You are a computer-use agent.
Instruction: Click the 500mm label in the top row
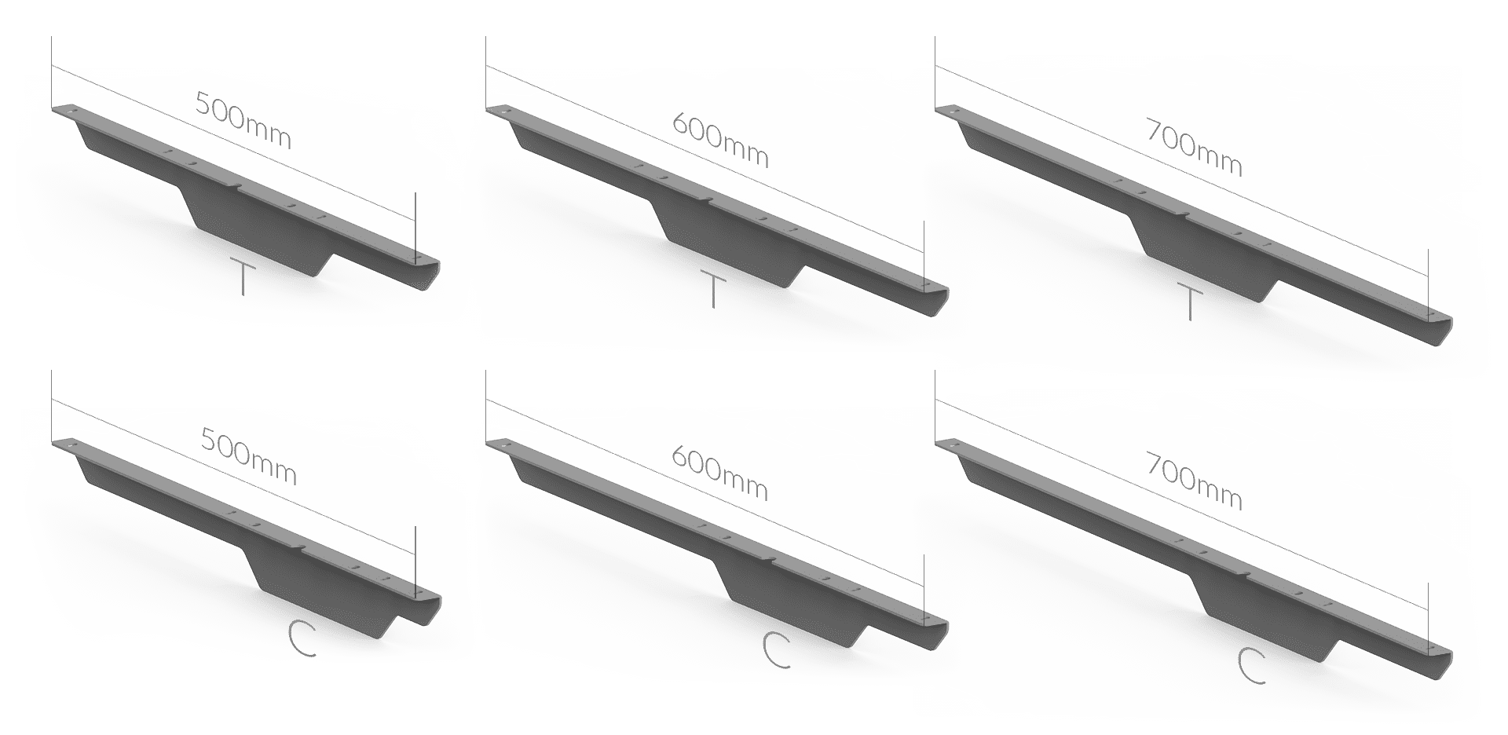(x=243, y=121)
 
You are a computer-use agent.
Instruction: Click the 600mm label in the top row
(x=720, y=141)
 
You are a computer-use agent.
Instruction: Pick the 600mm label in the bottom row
(x=720, y=475)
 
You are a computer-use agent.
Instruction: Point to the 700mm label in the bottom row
(x=1194, y=481)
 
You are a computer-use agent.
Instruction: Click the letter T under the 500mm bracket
(x=243, y=276)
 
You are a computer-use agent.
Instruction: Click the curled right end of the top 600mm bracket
(x=935, y=298)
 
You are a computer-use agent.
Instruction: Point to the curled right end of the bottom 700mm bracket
(x=1439, y=661)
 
